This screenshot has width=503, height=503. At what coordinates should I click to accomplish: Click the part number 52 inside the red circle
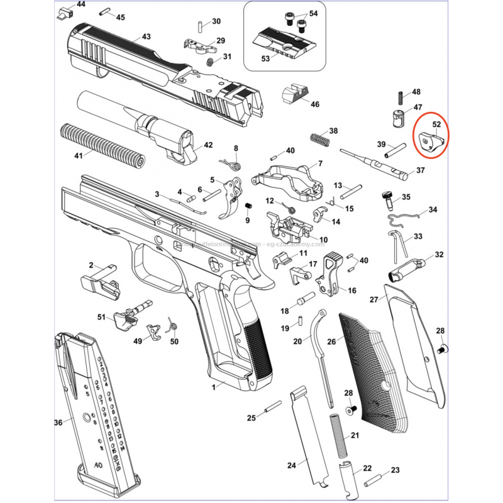(x=437, y=124)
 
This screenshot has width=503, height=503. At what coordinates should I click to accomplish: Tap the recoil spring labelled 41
(x=102, y=144)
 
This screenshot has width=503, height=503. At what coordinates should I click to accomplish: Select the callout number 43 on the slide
(x=146, y=37)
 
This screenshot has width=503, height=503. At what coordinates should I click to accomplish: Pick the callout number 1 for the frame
(x=213, y=385)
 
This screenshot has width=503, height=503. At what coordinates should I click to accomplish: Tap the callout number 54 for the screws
(x=313, y=13)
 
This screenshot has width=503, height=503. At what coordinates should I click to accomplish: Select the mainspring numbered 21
(x=340, y=438)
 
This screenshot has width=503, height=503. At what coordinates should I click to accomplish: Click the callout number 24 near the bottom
(x=291, y=465)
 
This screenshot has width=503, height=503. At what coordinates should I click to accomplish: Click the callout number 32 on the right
(x=439, y=255)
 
